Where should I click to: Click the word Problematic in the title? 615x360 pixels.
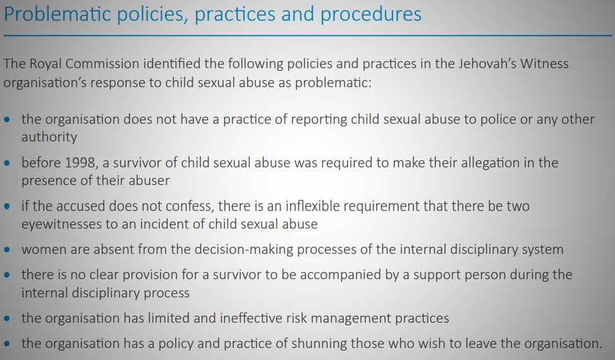point(58,14)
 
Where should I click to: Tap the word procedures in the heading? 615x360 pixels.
point(370,14)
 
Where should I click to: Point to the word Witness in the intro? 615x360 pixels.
point(544,63)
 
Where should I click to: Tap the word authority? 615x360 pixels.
point(49,137)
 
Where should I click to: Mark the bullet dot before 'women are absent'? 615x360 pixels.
point(7,249)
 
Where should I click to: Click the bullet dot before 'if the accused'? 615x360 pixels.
point(7,206)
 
